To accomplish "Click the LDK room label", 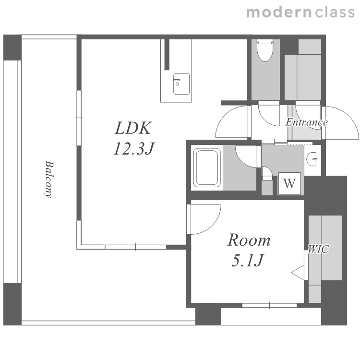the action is click(133, 128).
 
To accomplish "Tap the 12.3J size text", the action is click(134, 148).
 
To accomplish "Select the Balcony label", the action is click(48, 179).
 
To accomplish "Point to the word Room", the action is click(249, 240).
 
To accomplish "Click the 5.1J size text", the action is click(248, 260).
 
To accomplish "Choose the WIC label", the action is click(318, 249).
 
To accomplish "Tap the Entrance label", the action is click(307, 122).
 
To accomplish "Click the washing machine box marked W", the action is click(289, 183).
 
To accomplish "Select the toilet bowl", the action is click(264, 50).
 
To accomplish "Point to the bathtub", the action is click(207, 168).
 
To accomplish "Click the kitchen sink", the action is click(181, 84).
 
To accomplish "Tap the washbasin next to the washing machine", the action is click(312, 159).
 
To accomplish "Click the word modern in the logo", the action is click(279, 12).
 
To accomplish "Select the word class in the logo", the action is click(335, 12).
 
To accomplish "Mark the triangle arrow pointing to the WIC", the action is click(298, 273).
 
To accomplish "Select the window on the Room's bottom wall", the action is click(270, 305).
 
